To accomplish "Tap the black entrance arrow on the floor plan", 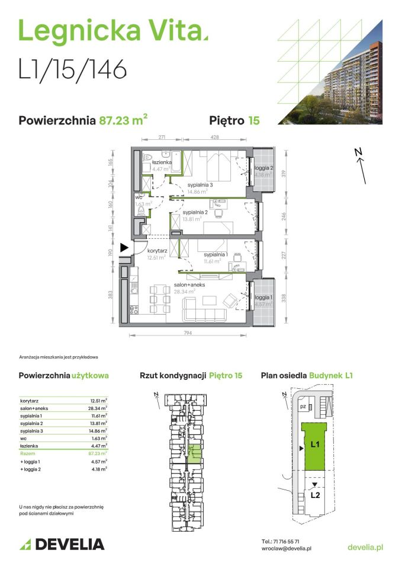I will point(124,248).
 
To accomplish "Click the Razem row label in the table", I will point(27,452).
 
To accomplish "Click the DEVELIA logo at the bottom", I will point(62,544).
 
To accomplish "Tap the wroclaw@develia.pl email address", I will point(287,549).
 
